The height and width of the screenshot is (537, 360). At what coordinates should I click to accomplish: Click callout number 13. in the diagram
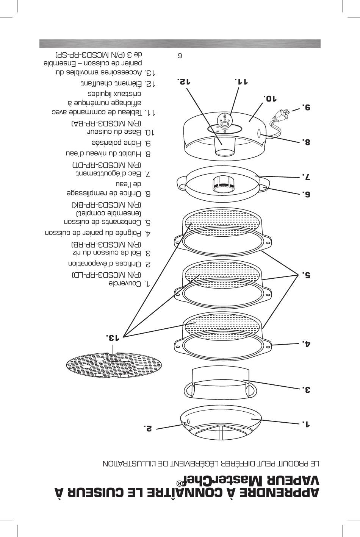click(x=112, y=337)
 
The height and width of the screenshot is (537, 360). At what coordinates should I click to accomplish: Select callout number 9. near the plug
click(x=306, y=107)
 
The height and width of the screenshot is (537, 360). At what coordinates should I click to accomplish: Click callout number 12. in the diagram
click(x=183, y=81)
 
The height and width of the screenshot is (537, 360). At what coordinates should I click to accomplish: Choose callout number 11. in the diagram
click(x=241, y=81)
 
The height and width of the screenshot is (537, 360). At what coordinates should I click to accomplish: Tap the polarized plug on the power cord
click(x=282, y=114)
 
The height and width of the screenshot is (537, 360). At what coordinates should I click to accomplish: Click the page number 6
click(x=180, y=56)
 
